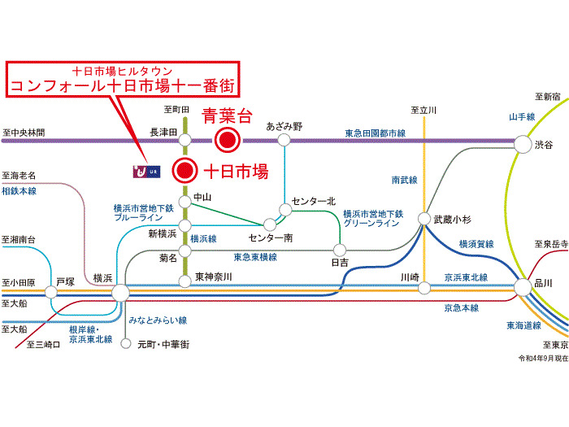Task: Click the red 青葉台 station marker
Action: pos(227,140)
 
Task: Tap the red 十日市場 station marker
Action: pos(185,170)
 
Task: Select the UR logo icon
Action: pos(146,172)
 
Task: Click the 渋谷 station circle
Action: pos(523,144)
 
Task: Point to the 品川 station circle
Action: pos(523,287)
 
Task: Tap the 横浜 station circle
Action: pos(120,293)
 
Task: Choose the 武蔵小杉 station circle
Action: pos(423,219)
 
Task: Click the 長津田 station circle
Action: pos(185,140)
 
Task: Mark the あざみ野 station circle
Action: pos(284,140)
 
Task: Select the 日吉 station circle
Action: pos(340,250)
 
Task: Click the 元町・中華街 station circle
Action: pos(125,343)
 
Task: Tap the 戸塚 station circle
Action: pos(50,292)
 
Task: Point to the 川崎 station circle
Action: pos(424,288)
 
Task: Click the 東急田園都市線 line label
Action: pos(376,133)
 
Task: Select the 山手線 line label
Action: pos(522,117)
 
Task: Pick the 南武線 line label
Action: pos(404,180)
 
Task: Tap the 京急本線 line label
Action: pos(461,308)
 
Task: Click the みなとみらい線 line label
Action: pos(158,320)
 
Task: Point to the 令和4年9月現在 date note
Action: pos(543,359)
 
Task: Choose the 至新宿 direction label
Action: pos(548,97)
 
